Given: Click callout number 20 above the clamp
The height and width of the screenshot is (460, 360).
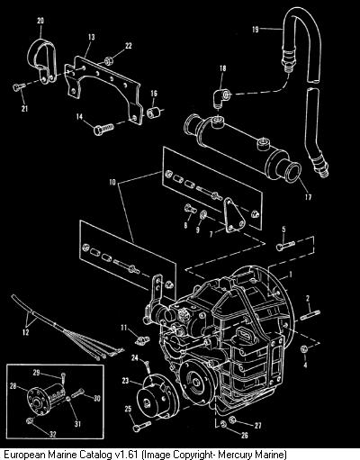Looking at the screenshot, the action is tap(40, 21).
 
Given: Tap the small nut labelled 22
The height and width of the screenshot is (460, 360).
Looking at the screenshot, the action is tap(108, 61).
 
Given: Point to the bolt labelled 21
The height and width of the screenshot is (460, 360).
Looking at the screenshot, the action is tap(19, 86).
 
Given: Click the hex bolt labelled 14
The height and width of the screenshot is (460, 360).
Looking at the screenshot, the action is tap(103, 129).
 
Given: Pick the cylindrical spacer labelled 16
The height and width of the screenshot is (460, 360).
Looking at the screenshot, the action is tap(153, 112).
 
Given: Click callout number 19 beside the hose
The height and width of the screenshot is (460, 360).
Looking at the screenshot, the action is tap(256, 30).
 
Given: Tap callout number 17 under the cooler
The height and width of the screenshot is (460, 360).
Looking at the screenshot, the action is tap(308, 197).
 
